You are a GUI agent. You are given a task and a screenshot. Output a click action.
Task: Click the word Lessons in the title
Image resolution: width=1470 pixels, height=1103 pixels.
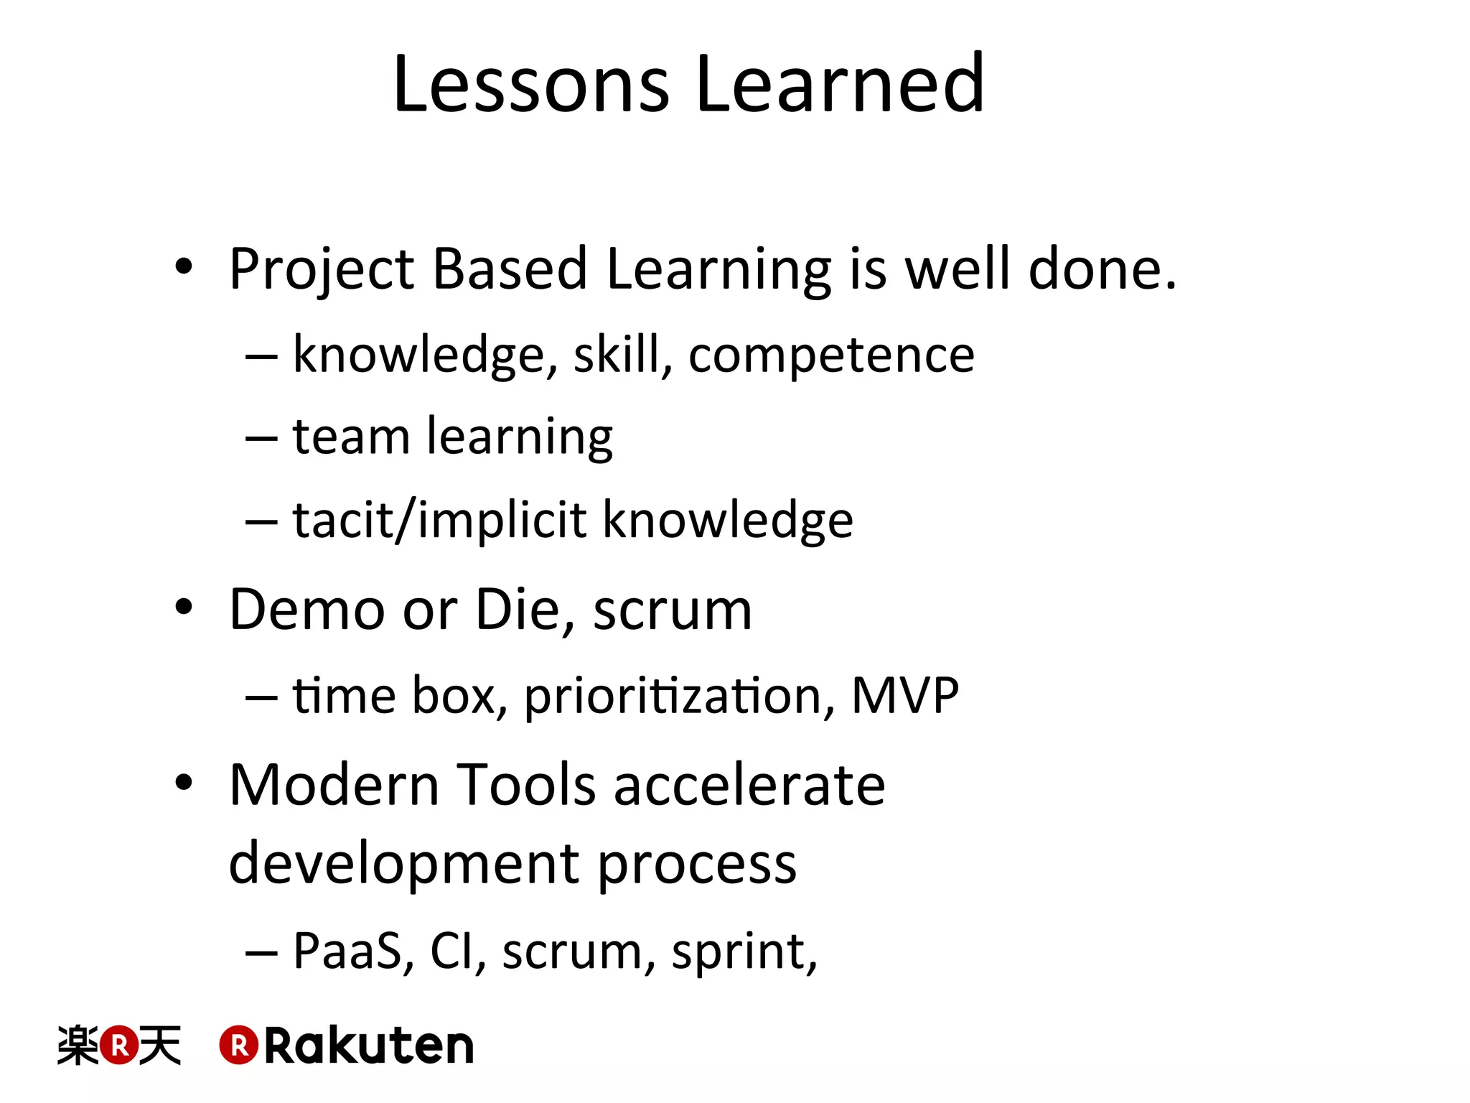[531, 84]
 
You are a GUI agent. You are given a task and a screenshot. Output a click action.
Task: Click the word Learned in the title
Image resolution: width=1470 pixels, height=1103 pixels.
[840, 84]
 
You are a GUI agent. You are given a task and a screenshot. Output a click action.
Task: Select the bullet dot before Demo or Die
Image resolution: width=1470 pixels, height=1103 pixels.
[184, 608]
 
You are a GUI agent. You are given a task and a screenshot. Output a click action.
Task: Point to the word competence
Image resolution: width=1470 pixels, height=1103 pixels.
[831, 355]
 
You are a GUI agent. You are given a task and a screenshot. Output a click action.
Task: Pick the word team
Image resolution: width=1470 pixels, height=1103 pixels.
[351, 437]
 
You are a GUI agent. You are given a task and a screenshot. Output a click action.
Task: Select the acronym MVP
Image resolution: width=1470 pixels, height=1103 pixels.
[904, 695]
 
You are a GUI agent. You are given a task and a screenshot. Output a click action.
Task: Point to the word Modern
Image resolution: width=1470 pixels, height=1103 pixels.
[334, 784]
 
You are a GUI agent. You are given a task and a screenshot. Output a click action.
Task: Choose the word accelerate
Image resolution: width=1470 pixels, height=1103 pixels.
[749, 784]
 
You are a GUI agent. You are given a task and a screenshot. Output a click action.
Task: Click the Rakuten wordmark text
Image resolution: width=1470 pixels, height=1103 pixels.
[369, 1046]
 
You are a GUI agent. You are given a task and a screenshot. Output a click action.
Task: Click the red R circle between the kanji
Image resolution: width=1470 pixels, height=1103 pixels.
[119, 1045]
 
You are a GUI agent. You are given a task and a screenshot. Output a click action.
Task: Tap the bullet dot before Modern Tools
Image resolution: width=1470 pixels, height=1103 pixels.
[184, 783]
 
